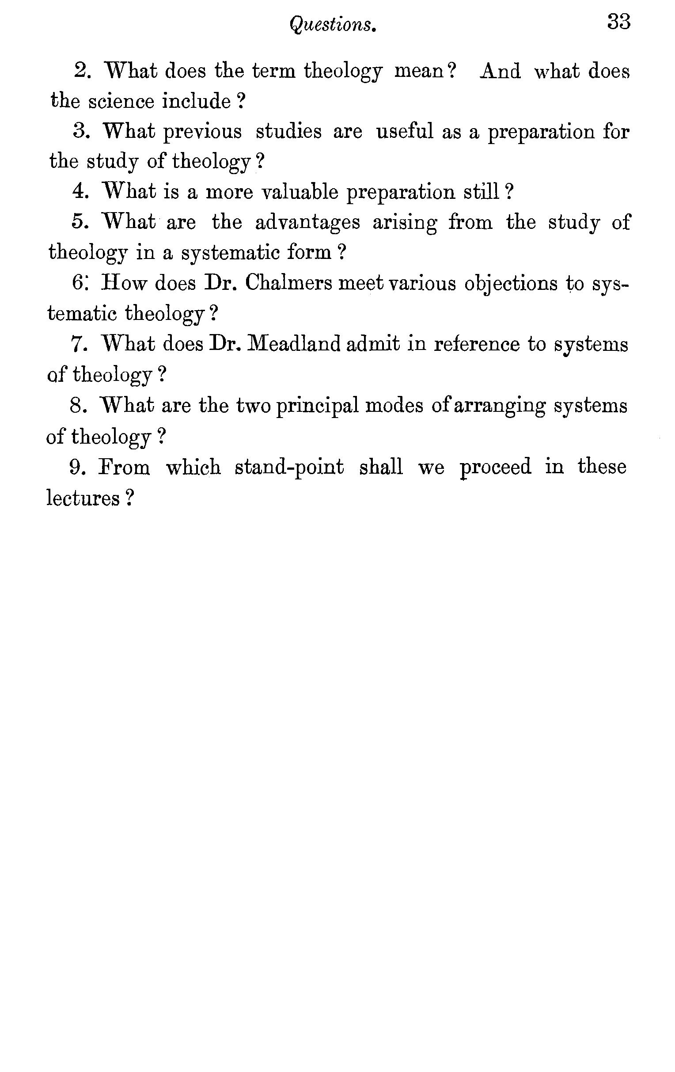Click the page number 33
[x=618, y=22]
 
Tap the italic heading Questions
[x=333, y=24]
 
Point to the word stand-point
[x=289, y=467]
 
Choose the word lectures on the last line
[x=83, y=498]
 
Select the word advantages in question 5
[x=307, y=222]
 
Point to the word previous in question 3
[x=203, y=132]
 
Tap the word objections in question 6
[x=510, y=284]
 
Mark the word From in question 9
[x=124, y=467]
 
